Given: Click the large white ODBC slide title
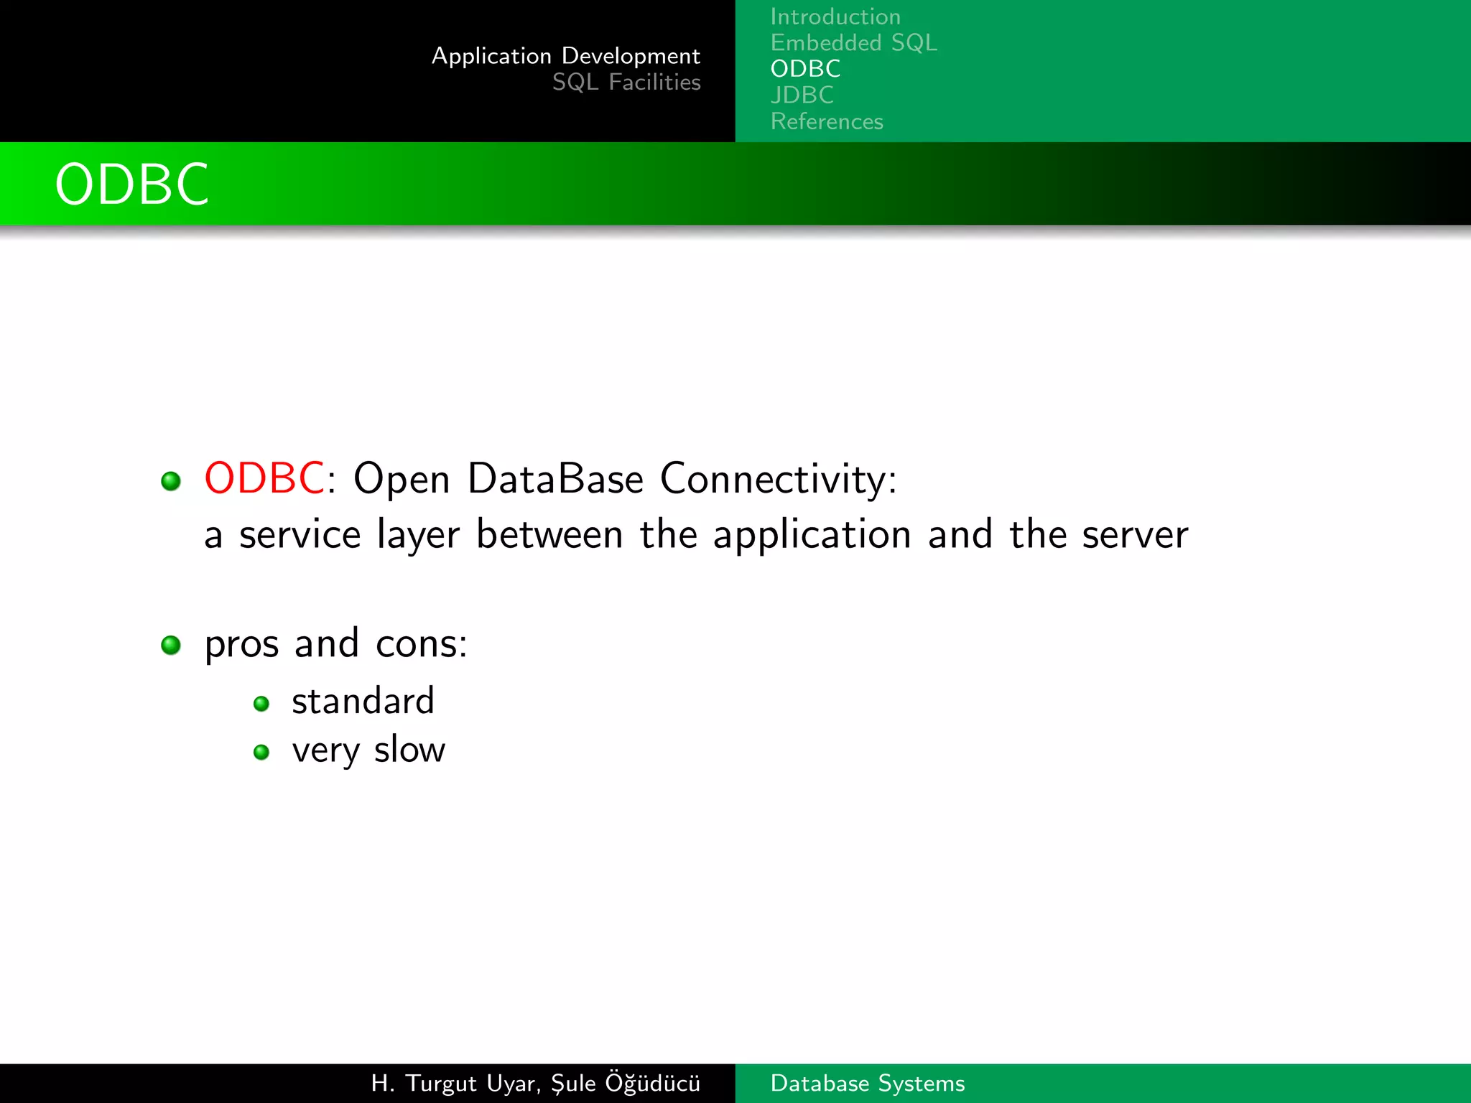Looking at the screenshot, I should [132, 185].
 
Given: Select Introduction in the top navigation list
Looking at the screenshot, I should [835, 17].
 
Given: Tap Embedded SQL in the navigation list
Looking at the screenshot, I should [853, 43].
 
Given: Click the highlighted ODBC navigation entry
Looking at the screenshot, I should [805, 69].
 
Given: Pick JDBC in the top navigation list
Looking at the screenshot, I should [802, 95].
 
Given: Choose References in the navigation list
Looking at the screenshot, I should [827, 121].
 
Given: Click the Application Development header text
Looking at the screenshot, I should [565, 56].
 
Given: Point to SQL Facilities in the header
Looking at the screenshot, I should [626, 83].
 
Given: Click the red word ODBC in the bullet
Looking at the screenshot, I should [264, 478].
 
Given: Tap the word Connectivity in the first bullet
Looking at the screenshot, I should [778, 480].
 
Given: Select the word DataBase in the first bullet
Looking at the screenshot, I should [555, 478].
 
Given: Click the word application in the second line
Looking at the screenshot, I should [812, 536].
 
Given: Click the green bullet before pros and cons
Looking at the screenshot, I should [171, 645].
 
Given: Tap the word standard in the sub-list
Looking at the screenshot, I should [363, 701].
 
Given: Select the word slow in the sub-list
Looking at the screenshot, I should [409, 750].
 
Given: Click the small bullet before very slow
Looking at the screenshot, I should [261, 753].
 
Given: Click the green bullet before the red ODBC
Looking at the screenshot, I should [171, 480].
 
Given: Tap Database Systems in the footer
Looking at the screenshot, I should [867, 1083].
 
